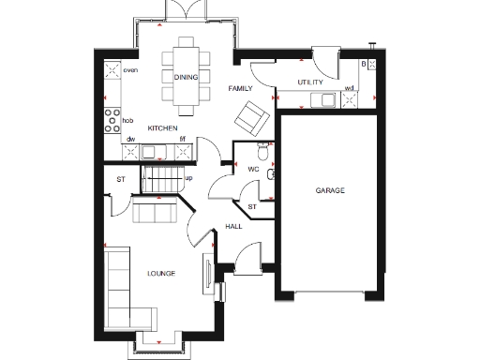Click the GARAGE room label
click(329, 190)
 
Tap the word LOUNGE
click(162, 274)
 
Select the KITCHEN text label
click(163, 128)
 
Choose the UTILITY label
click(310, 82)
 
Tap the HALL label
click(234, 227)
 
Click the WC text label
click(253, 169)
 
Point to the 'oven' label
click(131, 70)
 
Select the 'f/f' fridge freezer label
click(184, 139)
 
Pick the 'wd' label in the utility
click(350, 89)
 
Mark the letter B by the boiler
click(364, 63)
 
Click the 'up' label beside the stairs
click(187, 177)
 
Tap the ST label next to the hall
click(251, 206)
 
